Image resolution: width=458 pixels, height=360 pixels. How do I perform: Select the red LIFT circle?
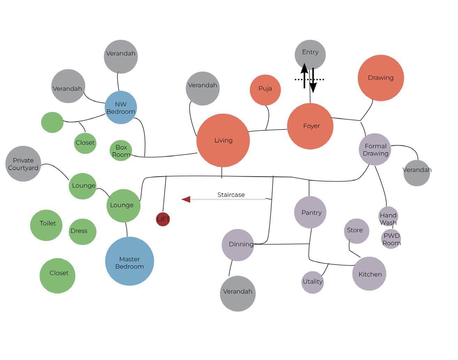coord(163,219)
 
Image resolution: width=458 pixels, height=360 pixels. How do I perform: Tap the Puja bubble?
coord(265,90)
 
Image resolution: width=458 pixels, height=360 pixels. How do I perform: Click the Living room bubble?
coord(223,140)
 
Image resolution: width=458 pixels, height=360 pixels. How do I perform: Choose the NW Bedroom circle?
coord(121,108)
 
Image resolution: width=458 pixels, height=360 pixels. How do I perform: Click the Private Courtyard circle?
coord(23,163)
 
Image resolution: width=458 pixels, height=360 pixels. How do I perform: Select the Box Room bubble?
coord(121,151)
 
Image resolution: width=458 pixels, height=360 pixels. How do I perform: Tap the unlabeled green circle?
coord(52,122)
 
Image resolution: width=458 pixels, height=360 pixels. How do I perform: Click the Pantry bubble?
coord(310,212)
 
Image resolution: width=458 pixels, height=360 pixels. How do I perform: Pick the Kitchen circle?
coord(369,274)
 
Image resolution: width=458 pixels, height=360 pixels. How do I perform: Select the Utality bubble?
coord(312,282)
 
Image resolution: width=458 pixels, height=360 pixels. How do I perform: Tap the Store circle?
coord(356,231)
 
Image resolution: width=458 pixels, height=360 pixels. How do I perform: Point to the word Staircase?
coord(231,195)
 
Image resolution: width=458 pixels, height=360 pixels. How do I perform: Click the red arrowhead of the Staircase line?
coord(186,199)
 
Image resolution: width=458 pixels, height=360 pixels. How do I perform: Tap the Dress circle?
coord(82,231)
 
